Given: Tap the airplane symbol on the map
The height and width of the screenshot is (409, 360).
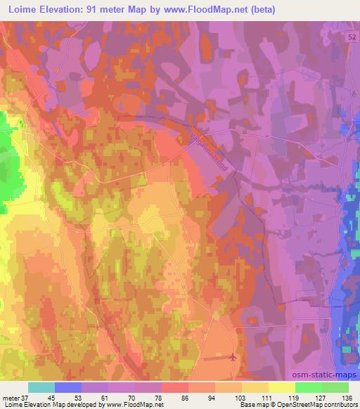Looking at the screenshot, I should pos(233,357).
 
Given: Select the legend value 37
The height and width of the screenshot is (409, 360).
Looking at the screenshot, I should pos(24,397).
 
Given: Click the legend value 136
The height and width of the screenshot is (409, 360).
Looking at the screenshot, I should pos(348,397).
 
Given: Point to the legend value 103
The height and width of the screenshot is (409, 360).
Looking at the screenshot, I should pos(242,397).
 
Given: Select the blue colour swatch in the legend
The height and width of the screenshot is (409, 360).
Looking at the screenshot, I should pos(68,387).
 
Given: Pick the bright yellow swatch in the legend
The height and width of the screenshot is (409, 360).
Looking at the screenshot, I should pos(282,387).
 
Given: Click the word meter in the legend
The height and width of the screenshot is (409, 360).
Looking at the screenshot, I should pos(10,397).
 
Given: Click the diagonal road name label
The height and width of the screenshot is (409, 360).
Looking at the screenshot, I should pos(212,150).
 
